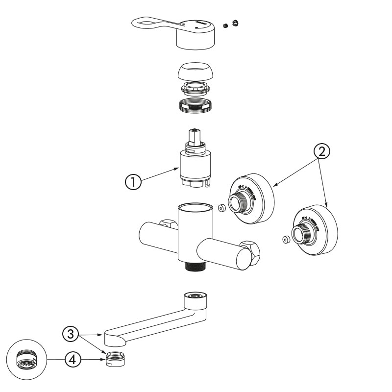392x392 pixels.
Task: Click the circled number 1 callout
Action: tap(133, 181)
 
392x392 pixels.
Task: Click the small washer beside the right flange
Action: tap(286, 240)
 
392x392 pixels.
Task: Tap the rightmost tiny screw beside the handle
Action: tap(235, 23)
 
